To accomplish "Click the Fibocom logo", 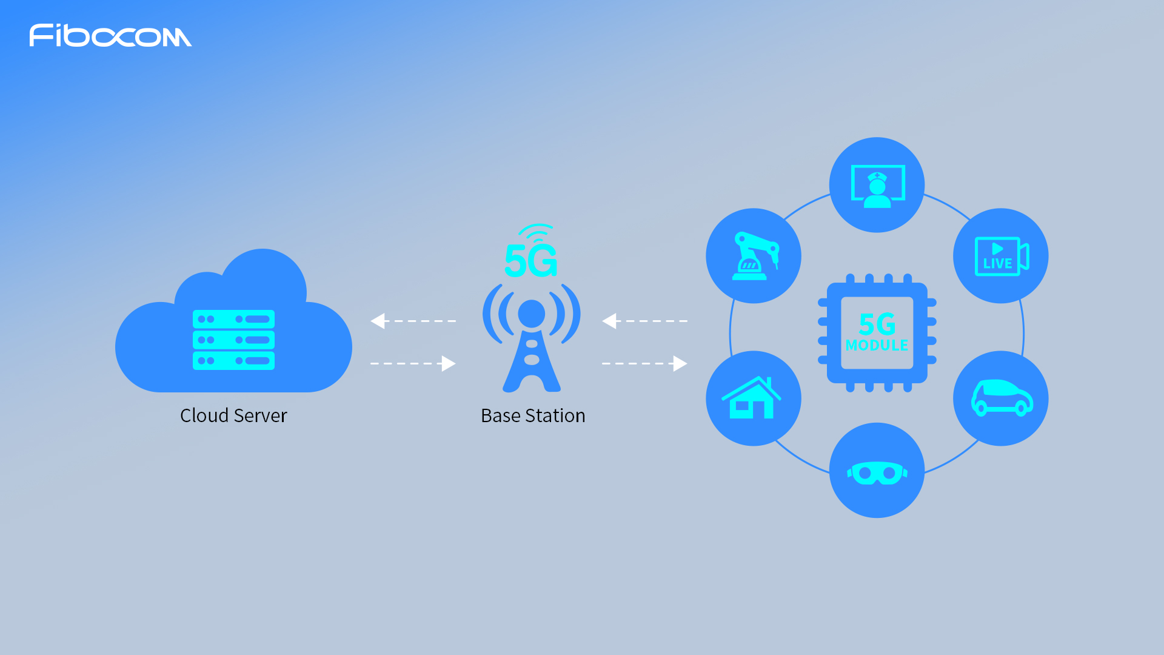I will (110, 36).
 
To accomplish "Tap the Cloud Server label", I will (233, 415).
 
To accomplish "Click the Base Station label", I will (533, 415).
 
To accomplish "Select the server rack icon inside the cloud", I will (233, 340).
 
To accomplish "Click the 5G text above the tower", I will (530, 261).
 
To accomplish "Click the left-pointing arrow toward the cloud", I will (413, 321).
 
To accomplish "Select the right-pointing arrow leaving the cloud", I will (413, 363).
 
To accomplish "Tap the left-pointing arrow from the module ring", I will (644, 321).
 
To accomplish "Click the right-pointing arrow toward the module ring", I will (644, 363).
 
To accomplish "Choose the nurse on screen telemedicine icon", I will (877, 186).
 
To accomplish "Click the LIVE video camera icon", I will (1001, 256).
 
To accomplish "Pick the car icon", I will (1001, 398).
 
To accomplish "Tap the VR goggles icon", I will (877, 472).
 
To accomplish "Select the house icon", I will (752, 398).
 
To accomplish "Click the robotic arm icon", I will (754, 256).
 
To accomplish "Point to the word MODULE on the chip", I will (877, 345).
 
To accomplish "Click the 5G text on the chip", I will (877, 324).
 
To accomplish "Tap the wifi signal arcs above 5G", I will (536, 232).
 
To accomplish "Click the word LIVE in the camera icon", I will (997, 264).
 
